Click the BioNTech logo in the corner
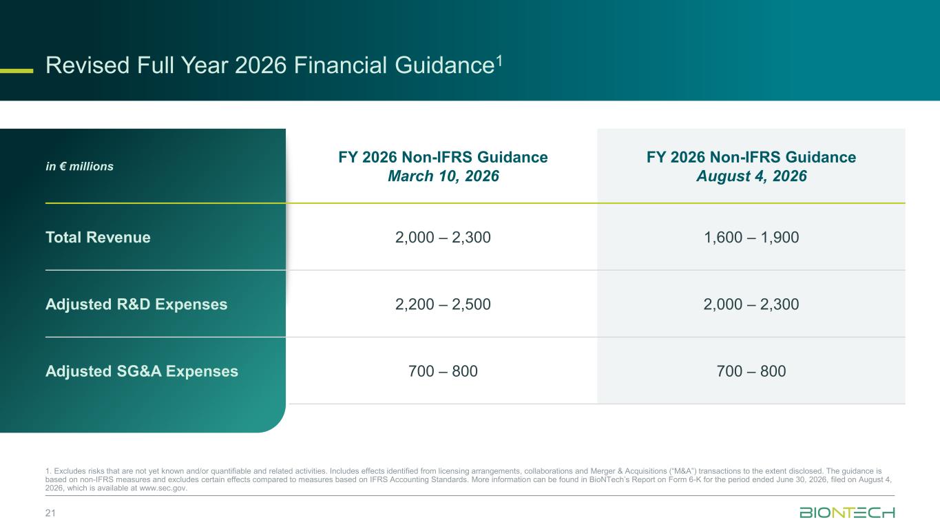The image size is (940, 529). [x=847, y=512]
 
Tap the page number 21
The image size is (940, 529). [x=50, y=513]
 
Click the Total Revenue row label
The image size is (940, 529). [x=98, y=237]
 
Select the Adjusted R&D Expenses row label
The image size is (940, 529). [x=136, y=304]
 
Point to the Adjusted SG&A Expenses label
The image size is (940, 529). [x=142, y=371]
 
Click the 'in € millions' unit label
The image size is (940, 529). [x=79, y=166]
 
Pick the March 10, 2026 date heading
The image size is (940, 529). [x=443, y=176]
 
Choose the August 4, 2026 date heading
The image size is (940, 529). [x=751, y=176]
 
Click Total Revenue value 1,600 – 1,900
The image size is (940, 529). [x=751, y=237]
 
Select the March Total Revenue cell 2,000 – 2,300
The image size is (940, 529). [x=443, y=237]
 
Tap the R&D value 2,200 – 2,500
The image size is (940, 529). [x=443, y=304]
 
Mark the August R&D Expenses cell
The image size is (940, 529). [x=751, y=304]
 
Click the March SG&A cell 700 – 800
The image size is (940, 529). [x=443, y=371]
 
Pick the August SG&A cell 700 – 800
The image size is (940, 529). [x=751, y=371]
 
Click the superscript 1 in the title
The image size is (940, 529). [x=499, y=61]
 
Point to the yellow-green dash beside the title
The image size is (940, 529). [x=17, y=71]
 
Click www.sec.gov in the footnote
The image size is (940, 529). [x=163, y=488]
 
